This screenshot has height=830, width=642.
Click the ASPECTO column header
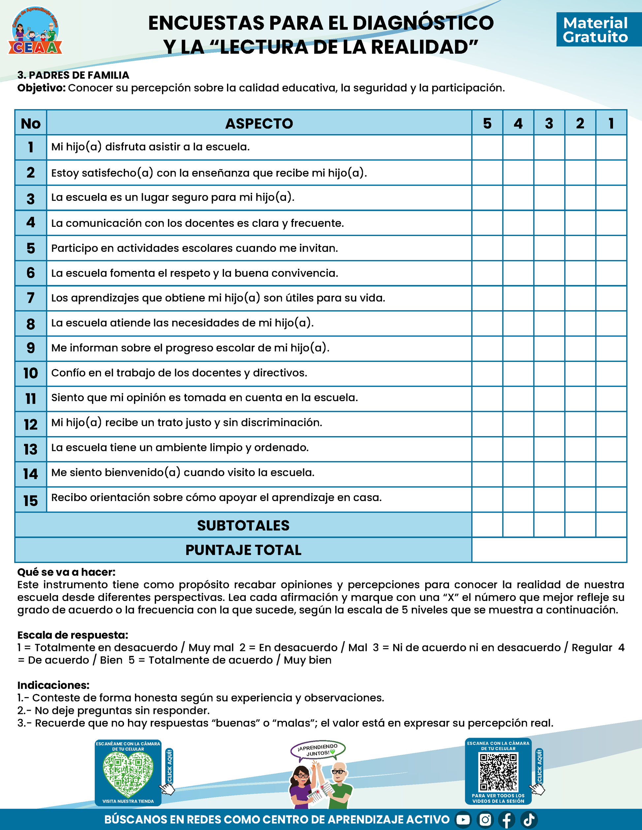point(259,123)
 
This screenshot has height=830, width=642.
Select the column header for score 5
point(487,123)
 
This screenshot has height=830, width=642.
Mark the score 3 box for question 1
point(549,147)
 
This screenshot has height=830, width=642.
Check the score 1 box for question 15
point(611,499)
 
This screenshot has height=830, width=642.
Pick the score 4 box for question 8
point(518,323)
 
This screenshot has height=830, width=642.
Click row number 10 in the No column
point(31,373)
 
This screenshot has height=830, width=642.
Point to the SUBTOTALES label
point(243,525)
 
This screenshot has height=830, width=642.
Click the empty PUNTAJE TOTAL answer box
point(549,550)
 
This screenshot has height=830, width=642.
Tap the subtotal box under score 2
point(580,525)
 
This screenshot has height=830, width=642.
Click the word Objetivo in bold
point(42,88)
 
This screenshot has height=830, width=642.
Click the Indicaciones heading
point(53,685)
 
